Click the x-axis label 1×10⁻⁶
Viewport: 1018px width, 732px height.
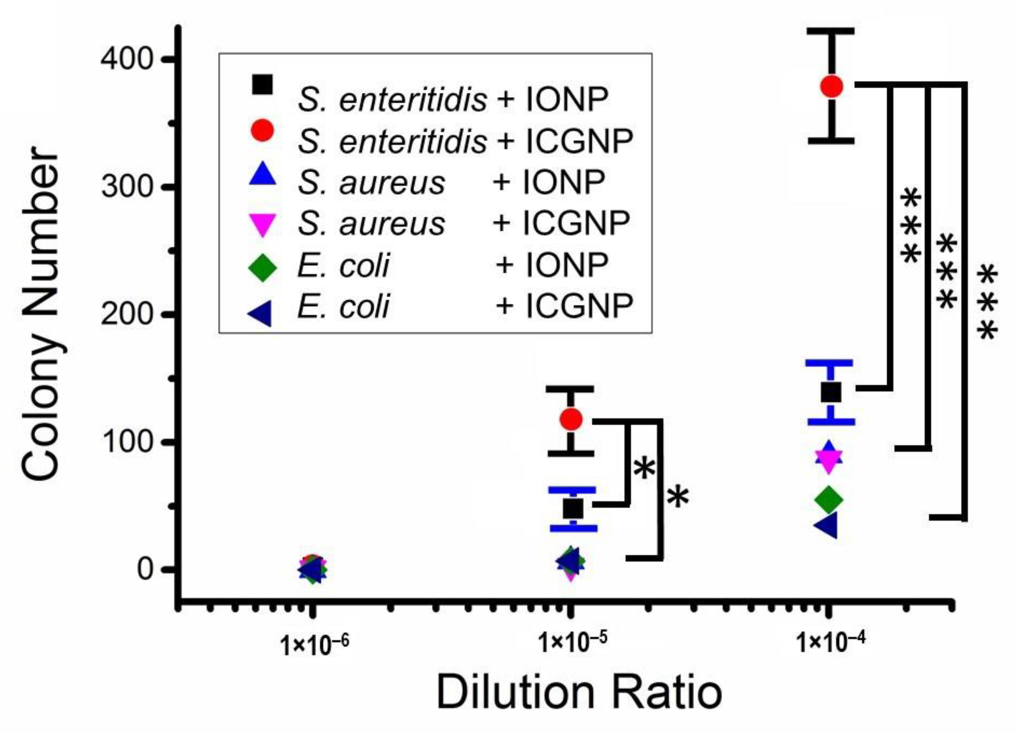pos(314,645)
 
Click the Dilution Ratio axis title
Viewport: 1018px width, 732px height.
pos(579,693)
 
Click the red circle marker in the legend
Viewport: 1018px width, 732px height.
pos(263,131)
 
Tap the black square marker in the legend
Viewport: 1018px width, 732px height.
pos(263,84)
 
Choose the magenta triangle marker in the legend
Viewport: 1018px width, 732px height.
pos(263,224)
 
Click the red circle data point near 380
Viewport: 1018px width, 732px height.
pos(831,86)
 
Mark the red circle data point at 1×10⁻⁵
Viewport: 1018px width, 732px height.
pos(571,419)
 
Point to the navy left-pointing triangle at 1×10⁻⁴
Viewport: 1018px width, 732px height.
pos(827,525)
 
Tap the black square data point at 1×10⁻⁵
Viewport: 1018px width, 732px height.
pos(573,509)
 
